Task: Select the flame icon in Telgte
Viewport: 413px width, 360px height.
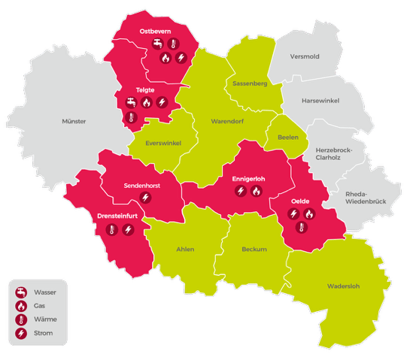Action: tap(147, 101)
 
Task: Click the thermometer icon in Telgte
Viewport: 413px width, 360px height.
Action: tap(131, 116)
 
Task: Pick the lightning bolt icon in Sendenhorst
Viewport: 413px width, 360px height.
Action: tap(147, 198)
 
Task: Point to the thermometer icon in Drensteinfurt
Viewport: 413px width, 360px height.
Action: tap(111, 229)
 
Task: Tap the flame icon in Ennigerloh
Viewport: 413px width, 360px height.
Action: tap(256, 192)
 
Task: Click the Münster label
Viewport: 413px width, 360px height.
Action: tap(74, 121)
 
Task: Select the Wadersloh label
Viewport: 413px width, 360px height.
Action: tap(344, 286)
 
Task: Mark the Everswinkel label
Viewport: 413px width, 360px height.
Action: tap(163, 143)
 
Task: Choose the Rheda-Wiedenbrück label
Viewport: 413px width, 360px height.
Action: tap(365, 198)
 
